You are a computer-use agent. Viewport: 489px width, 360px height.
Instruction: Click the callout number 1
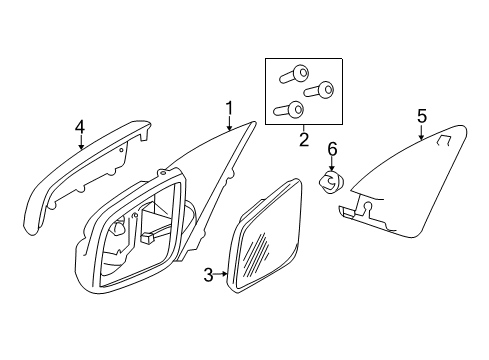click(229, 107)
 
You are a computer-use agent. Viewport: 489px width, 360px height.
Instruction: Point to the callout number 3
click(208, 273)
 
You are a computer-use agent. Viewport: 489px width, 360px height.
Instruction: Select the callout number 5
click(421, 117)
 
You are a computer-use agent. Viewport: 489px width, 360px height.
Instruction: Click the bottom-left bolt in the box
click(291, 109)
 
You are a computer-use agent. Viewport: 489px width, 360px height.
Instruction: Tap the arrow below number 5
click(421, 133)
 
